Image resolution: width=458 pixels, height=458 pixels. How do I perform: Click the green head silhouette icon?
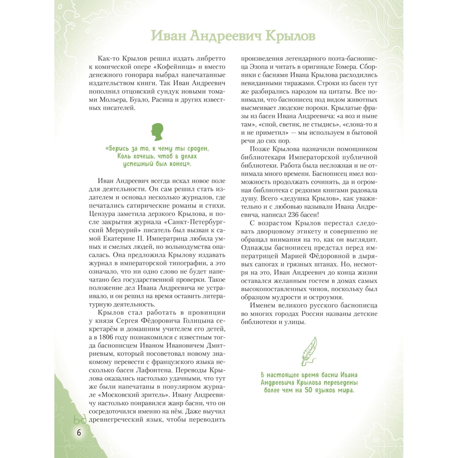(x=158, y=132)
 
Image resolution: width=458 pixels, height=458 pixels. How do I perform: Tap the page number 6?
(x=79, y=433)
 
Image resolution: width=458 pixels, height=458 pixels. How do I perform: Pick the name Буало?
(x=140, y=100)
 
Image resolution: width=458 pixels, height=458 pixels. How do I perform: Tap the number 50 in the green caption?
(x=309, y=390)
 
